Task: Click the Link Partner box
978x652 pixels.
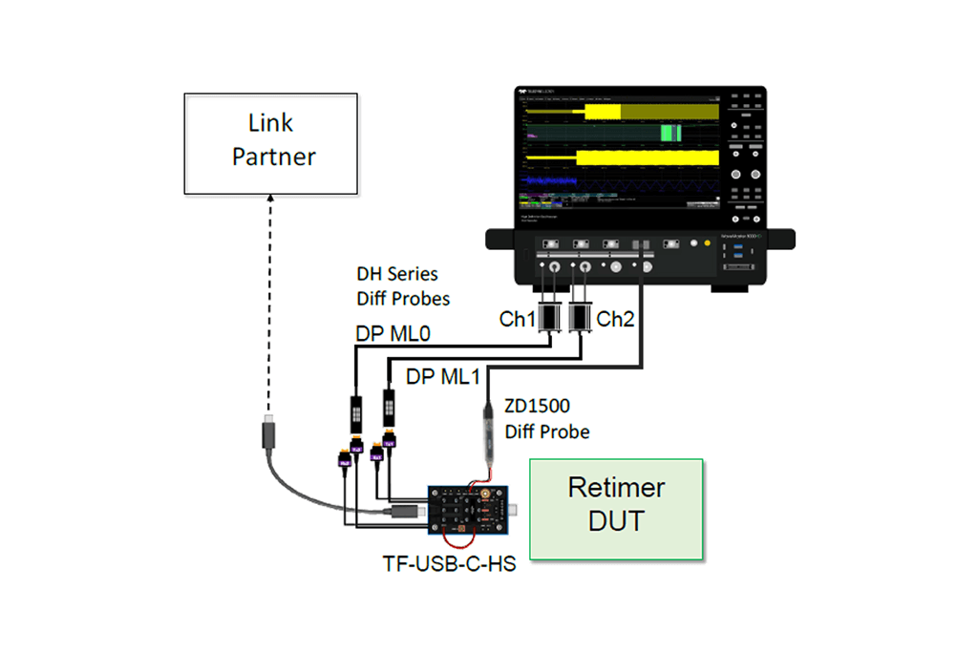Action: tap(271, 143)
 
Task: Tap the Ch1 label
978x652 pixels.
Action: tap(518, 319)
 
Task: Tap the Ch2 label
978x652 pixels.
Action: tap(617, 319)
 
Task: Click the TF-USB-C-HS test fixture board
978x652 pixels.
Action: tap(467, 507)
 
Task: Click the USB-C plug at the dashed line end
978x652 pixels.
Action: tap(269, 434)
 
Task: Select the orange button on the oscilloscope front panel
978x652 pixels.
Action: tap(707, 243)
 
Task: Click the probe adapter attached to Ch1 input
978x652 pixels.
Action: tap(549, 316)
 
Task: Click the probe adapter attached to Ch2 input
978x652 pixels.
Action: tap(580, 316)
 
